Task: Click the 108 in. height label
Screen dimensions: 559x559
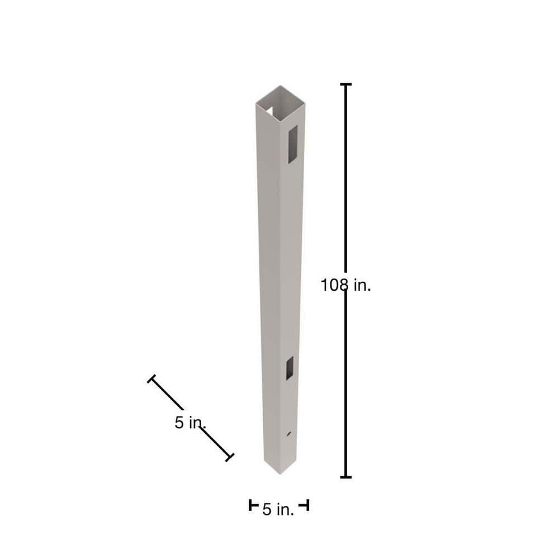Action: (346, 285)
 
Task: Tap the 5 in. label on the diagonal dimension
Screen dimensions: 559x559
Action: (191, 423)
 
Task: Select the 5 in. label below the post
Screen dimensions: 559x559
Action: (278, 509)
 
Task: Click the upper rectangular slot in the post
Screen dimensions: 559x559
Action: (293, 144)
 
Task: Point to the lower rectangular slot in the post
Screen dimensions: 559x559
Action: (290, 368)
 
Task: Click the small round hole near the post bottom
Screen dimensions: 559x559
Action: (289, 434)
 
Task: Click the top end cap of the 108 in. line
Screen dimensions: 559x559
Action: (346, 84)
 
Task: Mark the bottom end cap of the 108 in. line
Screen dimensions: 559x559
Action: (346, 477)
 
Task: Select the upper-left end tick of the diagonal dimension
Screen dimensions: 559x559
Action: (151, 378)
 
